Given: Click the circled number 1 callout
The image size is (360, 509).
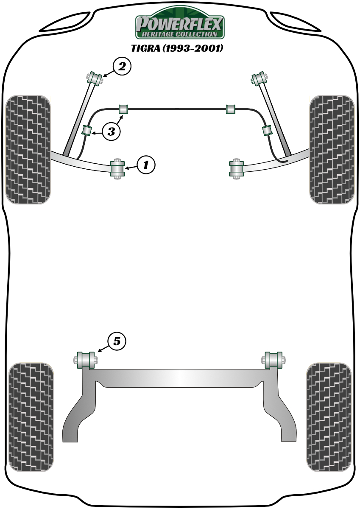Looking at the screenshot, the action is pos(145,165).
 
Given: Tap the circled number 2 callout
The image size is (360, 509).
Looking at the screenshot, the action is pos(122,67).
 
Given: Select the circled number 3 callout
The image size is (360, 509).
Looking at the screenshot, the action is pos(111,131).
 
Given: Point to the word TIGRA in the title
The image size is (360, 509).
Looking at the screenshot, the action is pos(145,48).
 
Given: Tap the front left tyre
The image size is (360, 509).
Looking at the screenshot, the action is pos(28,149).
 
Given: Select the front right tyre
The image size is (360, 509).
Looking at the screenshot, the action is pos(332,149).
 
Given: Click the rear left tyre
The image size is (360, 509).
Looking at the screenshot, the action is pos(31,420).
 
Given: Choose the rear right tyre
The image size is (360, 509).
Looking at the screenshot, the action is pos(329,420).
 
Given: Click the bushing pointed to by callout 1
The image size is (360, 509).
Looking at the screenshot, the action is pos(117,169).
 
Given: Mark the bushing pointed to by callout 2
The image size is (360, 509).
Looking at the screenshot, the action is pos(95,78).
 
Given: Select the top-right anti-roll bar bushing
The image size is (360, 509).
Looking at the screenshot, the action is pos(231,109).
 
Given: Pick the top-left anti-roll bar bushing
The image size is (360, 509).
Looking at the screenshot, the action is pos(123,109).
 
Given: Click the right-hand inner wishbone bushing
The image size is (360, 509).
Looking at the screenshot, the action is pos(237,169).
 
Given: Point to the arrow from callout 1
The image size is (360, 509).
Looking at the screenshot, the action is pos(131,167).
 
